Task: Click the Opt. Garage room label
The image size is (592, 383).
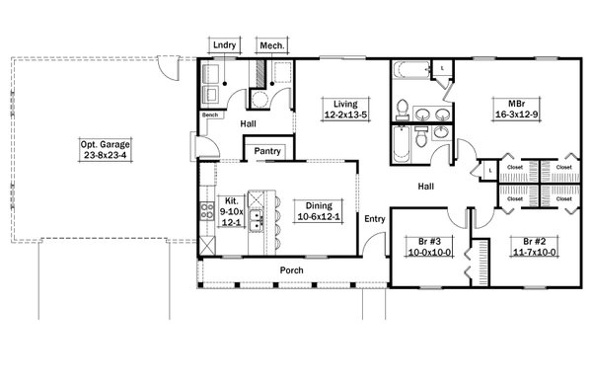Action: click(106, 150)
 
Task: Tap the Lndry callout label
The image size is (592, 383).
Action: click(225, 45)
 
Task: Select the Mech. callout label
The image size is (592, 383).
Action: click(272, 45)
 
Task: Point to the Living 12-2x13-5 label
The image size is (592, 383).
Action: click(345, 110)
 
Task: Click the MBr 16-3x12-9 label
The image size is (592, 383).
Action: click(516, 109)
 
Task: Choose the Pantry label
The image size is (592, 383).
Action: click(267, 151)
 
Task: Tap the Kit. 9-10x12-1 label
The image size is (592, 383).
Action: click(232, 211)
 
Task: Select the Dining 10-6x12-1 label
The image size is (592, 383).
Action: click(319, 211)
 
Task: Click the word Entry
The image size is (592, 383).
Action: click(375, 219)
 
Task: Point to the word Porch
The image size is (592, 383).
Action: click(291, 270)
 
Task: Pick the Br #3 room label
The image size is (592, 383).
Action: click(429, 247)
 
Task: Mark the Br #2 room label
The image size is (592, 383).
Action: click(534, 247)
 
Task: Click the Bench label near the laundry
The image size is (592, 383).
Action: click(210, 115)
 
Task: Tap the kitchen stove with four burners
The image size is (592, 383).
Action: click(207, 211)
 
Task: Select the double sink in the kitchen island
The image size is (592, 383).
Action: click(257, 220)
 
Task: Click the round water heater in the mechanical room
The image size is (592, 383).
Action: click(259, 100)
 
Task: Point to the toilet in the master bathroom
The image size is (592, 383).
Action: click(403, 109)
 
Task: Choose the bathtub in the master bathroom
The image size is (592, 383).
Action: click(411, 70)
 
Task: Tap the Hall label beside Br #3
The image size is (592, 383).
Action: click(426, 187)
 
